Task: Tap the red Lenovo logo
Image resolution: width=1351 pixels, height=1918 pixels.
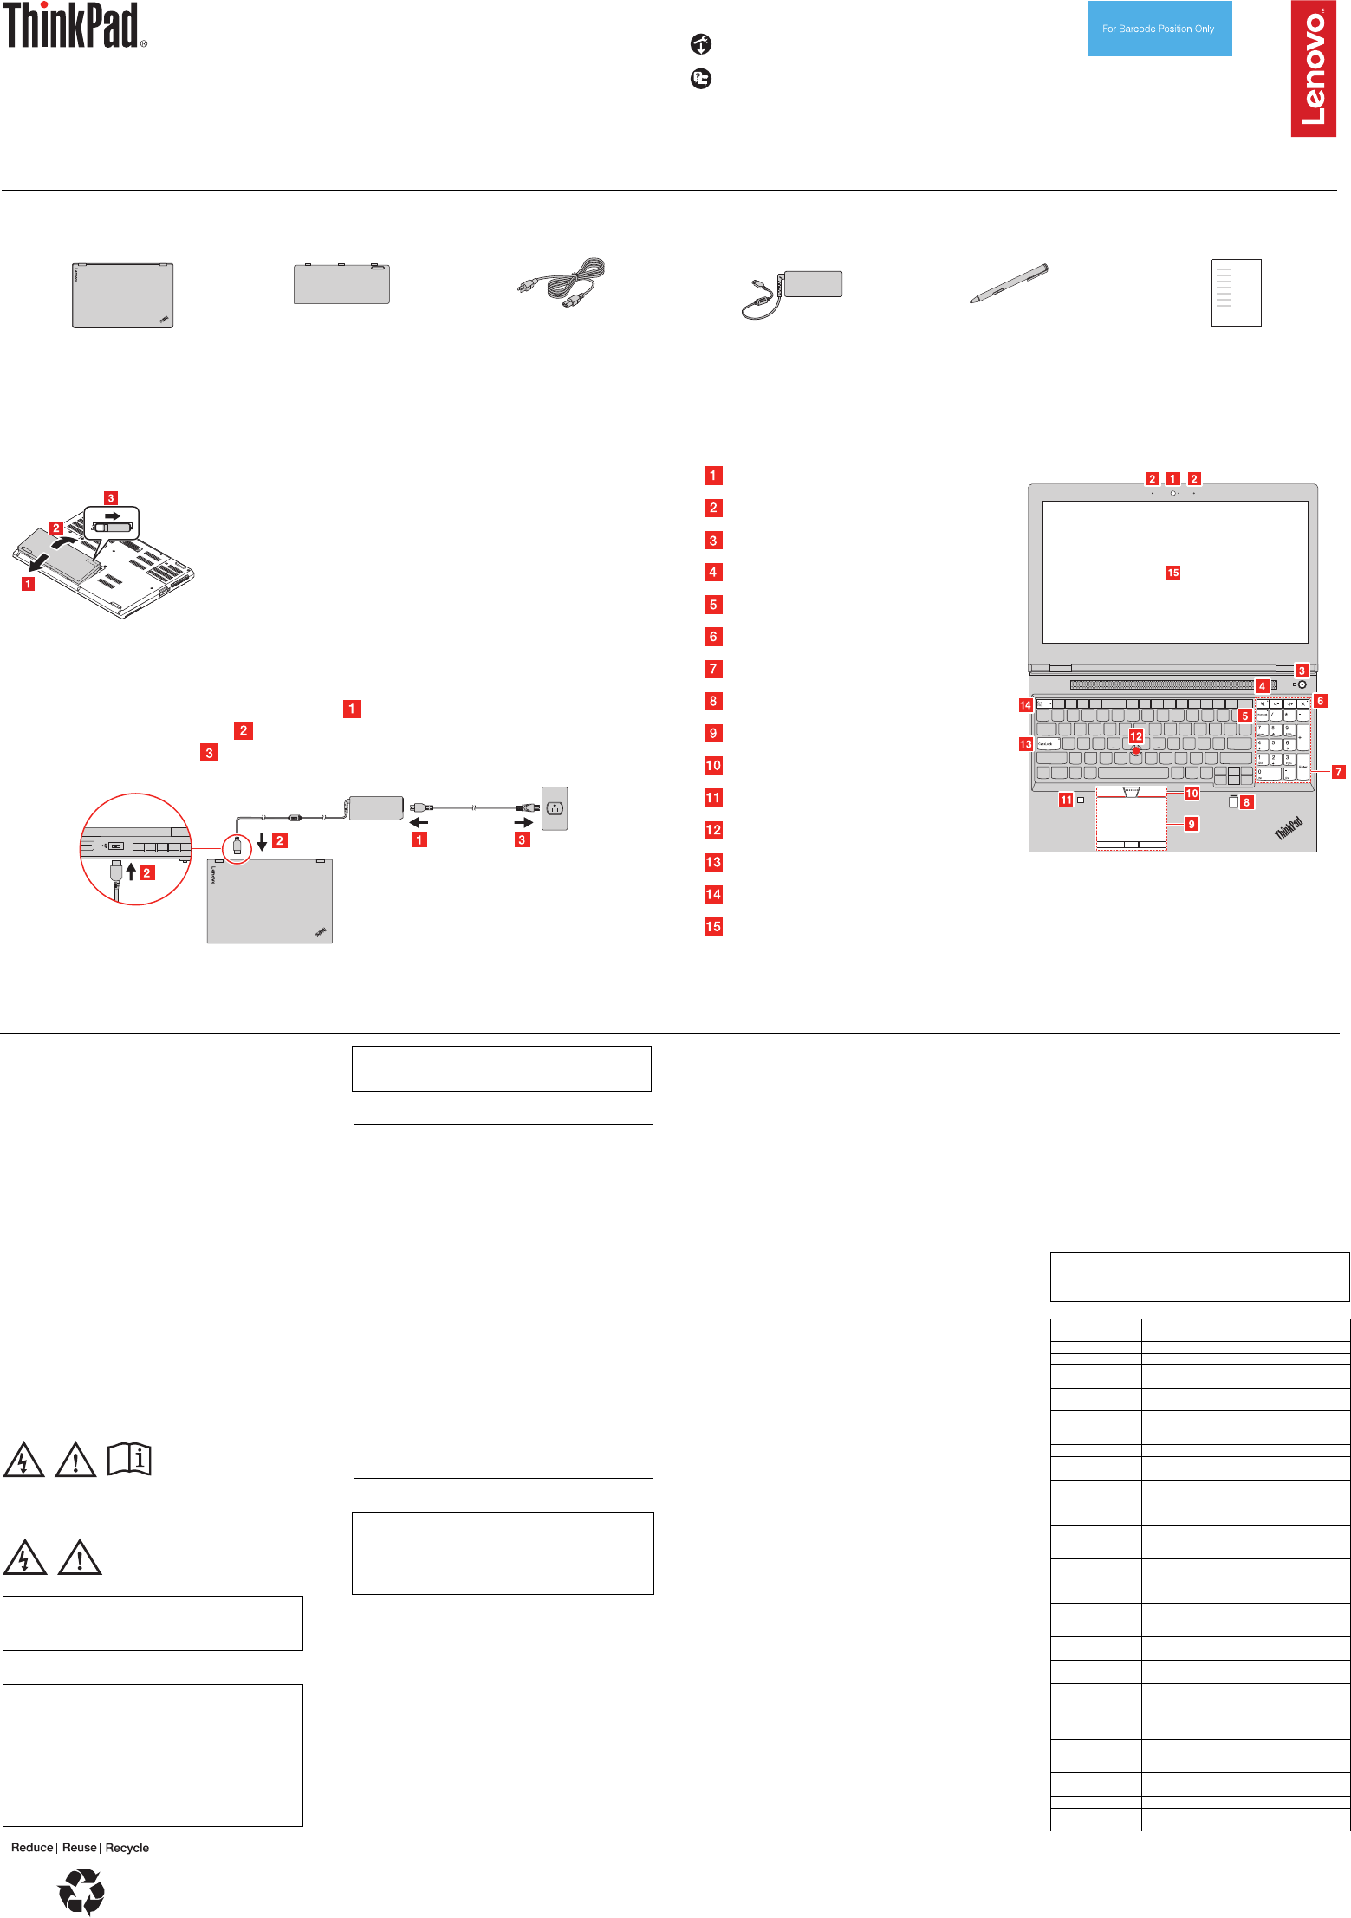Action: pos(1313,68)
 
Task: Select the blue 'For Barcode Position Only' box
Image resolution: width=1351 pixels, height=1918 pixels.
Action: pos(1159,29)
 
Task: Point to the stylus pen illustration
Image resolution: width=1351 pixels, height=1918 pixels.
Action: pos(1009,283)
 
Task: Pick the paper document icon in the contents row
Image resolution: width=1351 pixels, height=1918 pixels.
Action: pos(1236,293)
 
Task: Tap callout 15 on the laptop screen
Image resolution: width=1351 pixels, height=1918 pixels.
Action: pos(1172,573)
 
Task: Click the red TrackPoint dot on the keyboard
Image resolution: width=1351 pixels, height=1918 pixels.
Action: pos(1135,751)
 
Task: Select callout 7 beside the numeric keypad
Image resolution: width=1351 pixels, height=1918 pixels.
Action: pos(1338,772)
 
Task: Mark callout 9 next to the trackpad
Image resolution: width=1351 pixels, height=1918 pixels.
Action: pos(1192,824)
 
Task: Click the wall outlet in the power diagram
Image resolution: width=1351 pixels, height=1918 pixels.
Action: pos(555,808)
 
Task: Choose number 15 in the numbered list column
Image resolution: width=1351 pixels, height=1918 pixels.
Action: pos(713,927)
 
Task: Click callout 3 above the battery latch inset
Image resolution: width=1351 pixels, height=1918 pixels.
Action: pos(110,498)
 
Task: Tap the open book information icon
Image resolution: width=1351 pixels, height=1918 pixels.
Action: pos(129,1459)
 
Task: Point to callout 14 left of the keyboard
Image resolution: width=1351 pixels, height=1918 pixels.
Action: pos(1025,705)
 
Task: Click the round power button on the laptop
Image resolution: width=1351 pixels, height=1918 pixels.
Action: pos(1302,684)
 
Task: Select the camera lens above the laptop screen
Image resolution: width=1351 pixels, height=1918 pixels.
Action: pos(1172,493)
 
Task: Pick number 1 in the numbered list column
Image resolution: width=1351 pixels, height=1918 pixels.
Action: pos(713,476)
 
